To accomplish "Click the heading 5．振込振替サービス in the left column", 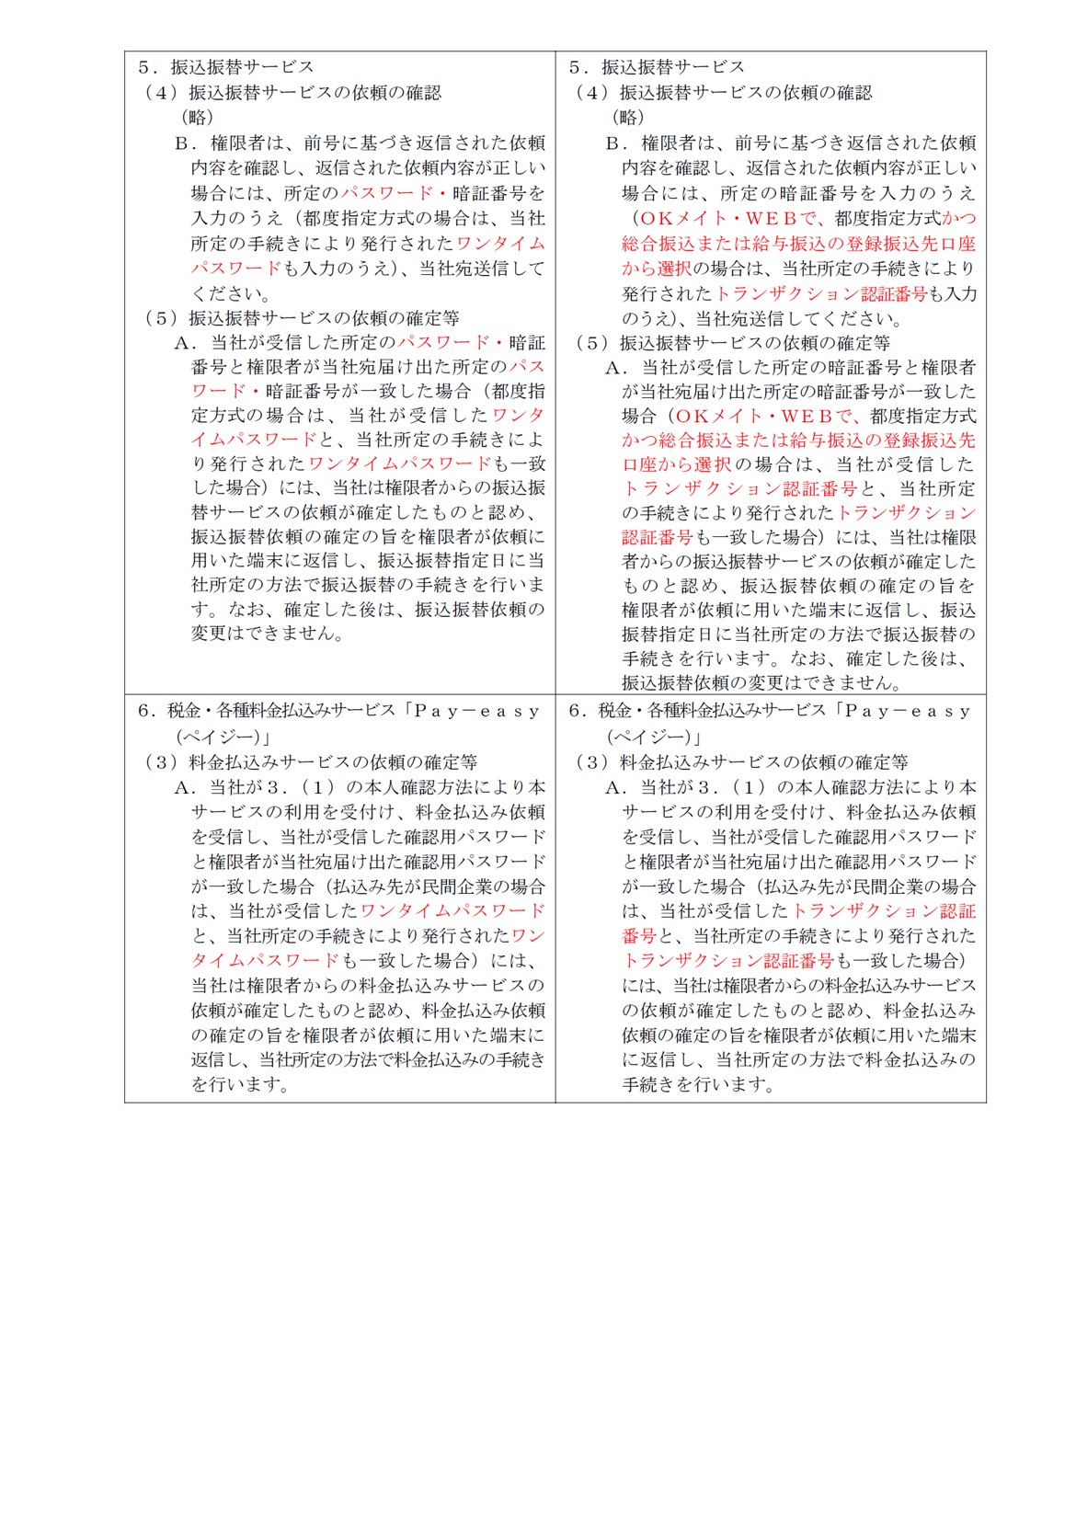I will (x=225, y=67).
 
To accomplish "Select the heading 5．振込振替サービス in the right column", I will (x=656, y=67).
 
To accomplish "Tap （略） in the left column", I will (x=197, y=118).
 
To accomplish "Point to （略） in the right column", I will (x=628, y=118).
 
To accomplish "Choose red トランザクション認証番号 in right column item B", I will (x=821, y=294).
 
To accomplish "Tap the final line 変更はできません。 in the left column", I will (x=268, y=634).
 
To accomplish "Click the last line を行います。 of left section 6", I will (x=241, y=1085).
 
